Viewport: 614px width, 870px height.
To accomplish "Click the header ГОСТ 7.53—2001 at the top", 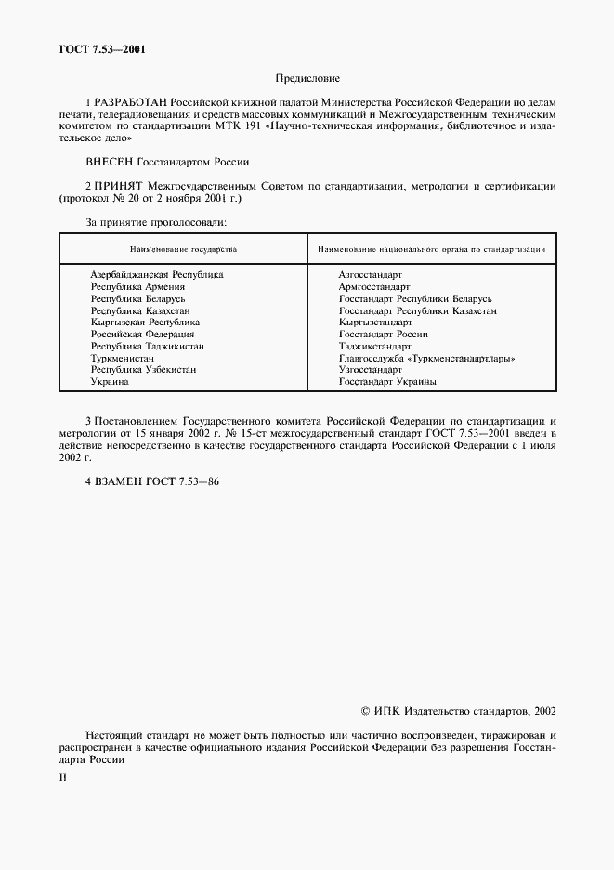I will point(99,49).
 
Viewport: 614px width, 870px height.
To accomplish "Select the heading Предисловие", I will point(307,80).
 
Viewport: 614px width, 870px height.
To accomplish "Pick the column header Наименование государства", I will point(183,250).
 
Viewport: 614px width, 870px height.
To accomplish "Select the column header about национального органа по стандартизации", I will point(431,250).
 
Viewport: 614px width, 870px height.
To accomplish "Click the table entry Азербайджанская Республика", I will point(156,275).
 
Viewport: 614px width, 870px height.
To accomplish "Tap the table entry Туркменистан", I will point(128,358).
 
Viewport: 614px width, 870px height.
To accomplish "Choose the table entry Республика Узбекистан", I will point(143,370).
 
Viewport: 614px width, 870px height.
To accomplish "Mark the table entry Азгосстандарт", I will point(370,275).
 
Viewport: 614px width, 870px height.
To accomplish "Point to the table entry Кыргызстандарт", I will point(375,323).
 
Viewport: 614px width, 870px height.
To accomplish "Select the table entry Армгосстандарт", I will point(374,287).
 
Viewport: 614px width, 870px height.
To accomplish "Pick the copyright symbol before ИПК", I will point(365,711).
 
